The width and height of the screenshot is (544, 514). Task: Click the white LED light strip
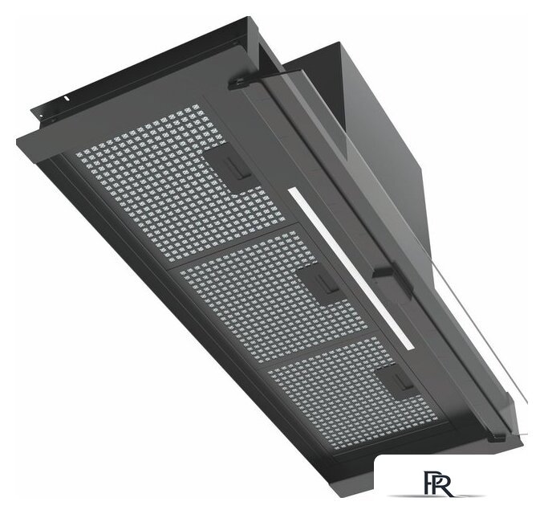tap(351, 268)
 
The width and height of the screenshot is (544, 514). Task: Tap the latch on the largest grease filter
tap(235, 169)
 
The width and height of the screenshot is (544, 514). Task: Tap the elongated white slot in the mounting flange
tap(66, 99)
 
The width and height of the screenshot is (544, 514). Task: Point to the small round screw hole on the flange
tap(41, 116)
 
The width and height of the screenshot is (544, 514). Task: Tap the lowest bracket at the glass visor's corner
tap(497, 439)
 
